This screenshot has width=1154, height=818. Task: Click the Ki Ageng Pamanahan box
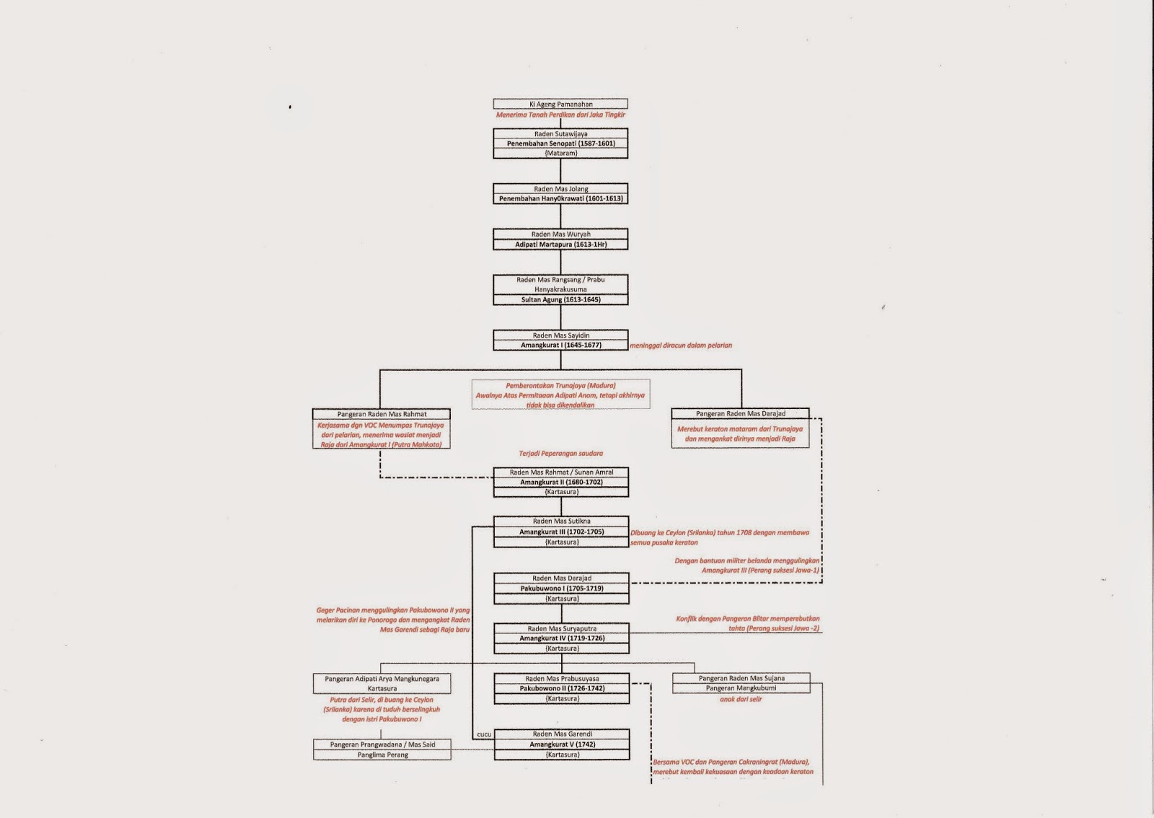[560, 104]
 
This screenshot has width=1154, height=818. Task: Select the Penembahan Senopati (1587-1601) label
[560, 144]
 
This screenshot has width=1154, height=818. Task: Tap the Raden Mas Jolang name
[560, 189]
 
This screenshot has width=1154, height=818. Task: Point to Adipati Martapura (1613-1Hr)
[560, 245]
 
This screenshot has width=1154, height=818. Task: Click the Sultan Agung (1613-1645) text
[560, 299]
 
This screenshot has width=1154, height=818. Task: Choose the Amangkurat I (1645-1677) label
[560, 345]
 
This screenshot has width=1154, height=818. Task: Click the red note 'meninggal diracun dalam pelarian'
[681, 346]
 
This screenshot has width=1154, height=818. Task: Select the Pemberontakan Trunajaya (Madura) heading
[560, 385]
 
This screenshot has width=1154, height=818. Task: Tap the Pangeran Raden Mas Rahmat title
[382, 414]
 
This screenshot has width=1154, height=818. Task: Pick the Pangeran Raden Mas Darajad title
[740, 413]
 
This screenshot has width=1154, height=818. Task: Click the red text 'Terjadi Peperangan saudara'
[560, 454]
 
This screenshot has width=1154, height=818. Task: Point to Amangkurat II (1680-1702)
[560, 482]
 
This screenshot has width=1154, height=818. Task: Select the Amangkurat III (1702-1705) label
[561, 532]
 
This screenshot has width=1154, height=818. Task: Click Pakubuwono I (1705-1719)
[561, 588]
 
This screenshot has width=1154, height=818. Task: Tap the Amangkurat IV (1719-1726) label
[561, 638]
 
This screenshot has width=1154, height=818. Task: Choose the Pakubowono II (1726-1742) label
[561, 688]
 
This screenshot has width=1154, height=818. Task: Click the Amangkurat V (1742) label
[561, 744]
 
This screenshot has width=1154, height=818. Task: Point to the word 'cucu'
[484, 734]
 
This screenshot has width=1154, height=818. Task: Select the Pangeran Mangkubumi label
[741, 688]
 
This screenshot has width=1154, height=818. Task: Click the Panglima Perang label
[382, 755]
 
